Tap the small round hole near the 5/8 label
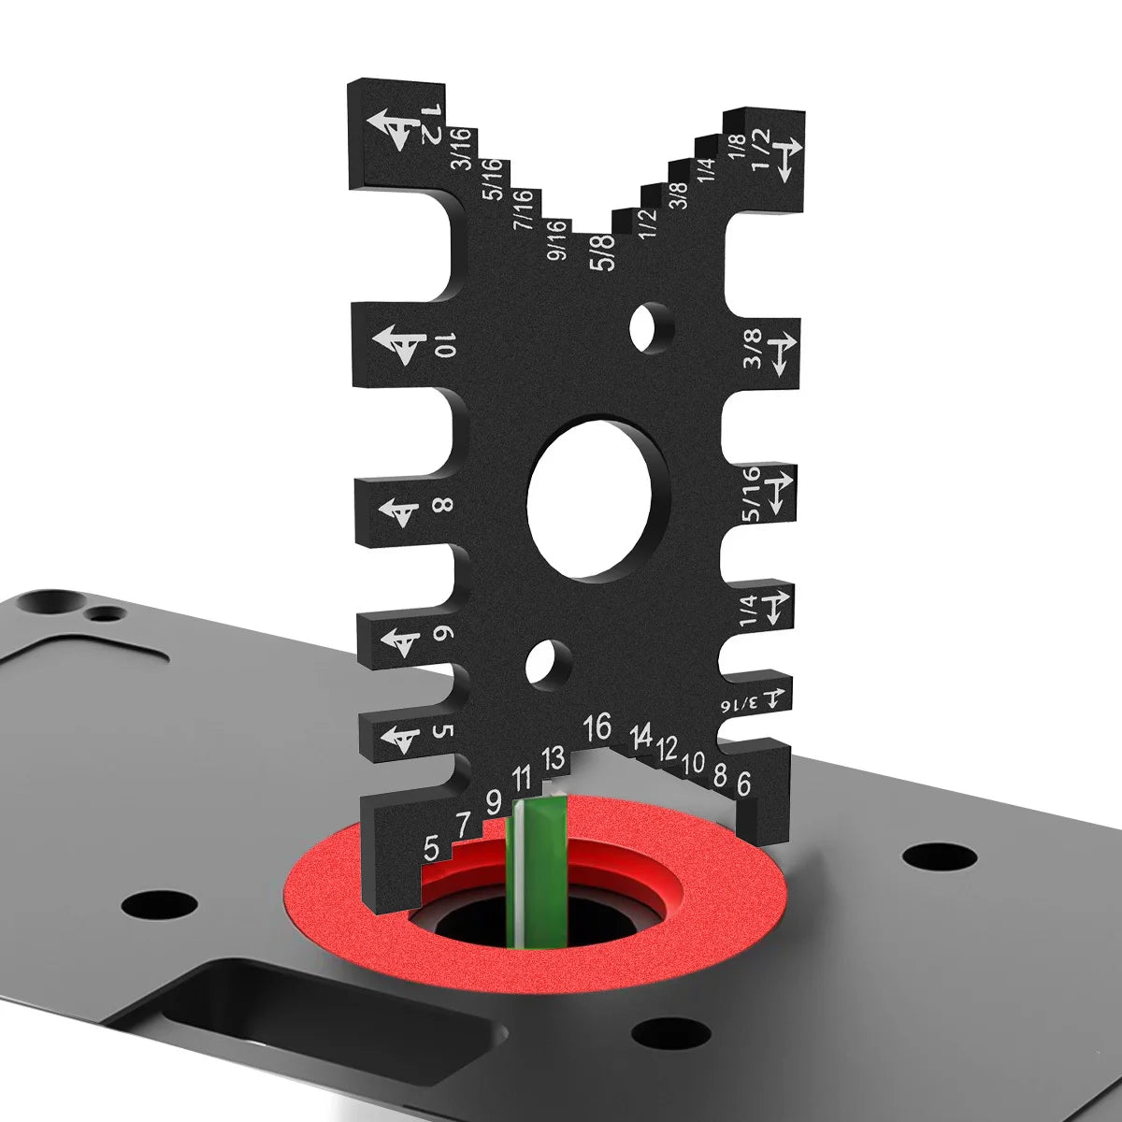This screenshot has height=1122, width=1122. point(651,327)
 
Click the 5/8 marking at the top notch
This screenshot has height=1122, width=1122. point(604,252)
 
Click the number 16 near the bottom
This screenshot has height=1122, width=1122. point(596,726)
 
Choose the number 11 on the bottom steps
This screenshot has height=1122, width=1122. point(522,777)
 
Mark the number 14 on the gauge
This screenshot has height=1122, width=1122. point(640,736)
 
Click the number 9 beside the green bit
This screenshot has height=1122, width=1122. point(493,801)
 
